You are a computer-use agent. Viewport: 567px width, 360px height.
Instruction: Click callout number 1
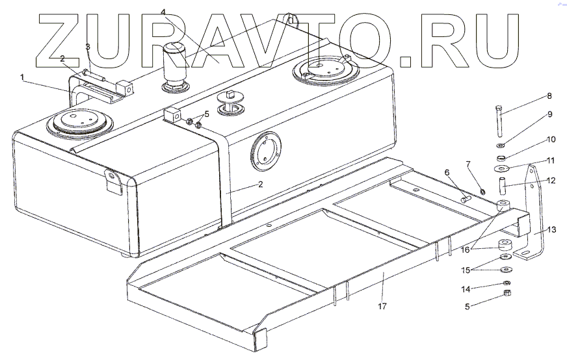point(22,77)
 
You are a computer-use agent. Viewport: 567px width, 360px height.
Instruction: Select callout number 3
point(88,47)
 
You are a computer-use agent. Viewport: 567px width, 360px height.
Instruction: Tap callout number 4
point(163,12)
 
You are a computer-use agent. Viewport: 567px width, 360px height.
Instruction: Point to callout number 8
point(549,96)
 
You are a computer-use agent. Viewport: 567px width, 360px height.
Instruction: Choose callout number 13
point(552,229)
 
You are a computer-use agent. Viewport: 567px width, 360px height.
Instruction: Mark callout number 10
point(551,138)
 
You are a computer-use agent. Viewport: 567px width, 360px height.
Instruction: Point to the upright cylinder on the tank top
point(174,65)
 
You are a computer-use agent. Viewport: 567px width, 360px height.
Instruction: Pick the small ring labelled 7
point(483,190)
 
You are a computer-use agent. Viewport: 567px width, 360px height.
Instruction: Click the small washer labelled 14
point(505,283)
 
